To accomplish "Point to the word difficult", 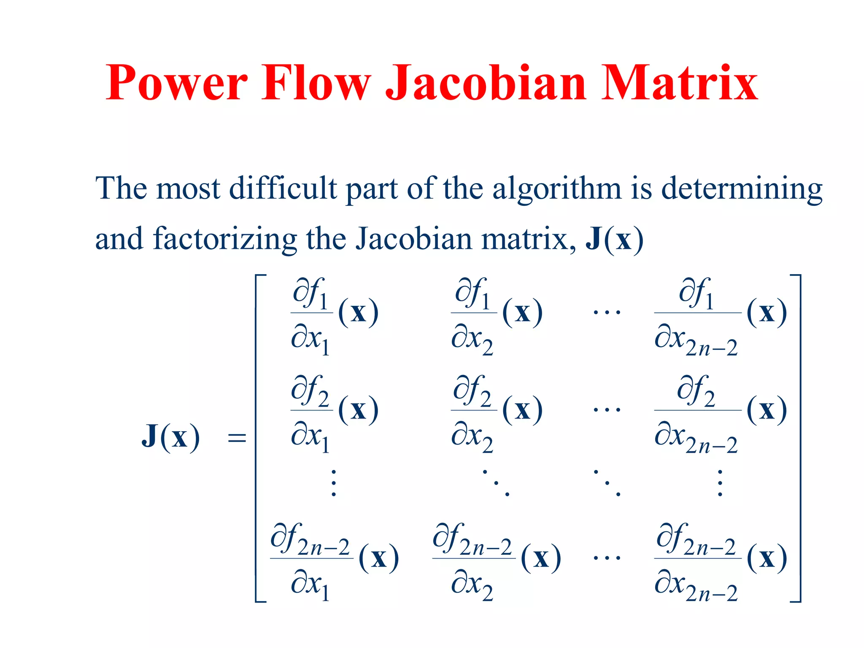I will point(283,188).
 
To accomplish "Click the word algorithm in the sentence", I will point(557,189).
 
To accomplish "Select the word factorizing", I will point(225,239).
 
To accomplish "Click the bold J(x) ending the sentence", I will point(614,239).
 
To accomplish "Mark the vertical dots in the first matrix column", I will point(334,483).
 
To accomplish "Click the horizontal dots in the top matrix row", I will point(607,313).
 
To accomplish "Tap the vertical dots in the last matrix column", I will point(720,483).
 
